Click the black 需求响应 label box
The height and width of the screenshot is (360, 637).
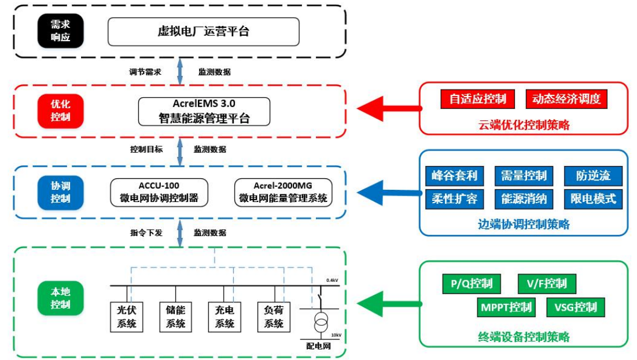[60, 31]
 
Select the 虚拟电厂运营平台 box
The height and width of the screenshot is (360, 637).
[203, 31]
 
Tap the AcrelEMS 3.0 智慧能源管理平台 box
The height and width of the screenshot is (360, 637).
[204, 111]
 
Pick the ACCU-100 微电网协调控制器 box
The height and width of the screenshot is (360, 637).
[159, 192]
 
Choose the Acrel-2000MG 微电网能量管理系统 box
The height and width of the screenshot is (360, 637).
[283, 192]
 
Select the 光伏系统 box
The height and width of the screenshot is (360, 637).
[126, 317]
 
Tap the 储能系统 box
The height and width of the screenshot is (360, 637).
[175, 317]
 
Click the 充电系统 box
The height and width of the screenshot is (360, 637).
[224, 317]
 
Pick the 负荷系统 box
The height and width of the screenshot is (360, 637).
[274, 317]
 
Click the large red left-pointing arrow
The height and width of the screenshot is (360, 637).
[388, 108]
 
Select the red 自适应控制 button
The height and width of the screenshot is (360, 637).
[477, 99]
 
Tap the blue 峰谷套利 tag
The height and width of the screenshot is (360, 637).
[454, 176]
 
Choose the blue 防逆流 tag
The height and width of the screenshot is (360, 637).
[592, 176]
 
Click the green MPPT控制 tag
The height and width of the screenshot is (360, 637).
[506, 307]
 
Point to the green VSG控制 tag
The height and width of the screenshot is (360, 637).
[575, 307]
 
